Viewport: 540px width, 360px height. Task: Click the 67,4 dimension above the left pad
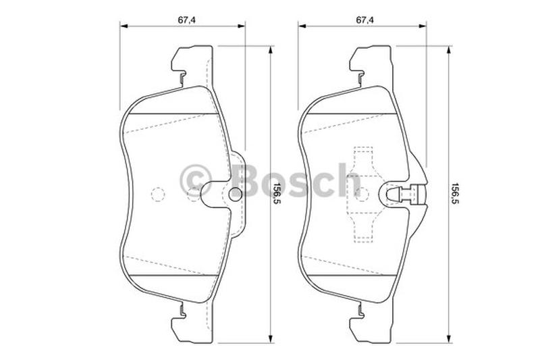pyautogui.click(x=187, y=20)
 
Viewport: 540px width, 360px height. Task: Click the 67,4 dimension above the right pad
pyautogui.click(x=364, y=20)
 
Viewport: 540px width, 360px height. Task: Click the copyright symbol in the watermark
pyautogui.click(x=196, y=181)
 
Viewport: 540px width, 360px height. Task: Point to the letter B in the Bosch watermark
pyautogui.click(x=245, y=180)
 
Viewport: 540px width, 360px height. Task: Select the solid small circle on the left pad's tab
pyautogui.click(x=235, y=193)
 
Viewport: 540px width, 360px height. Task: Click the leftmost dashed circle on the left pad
pyautogui.click(x=158, y=195)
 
